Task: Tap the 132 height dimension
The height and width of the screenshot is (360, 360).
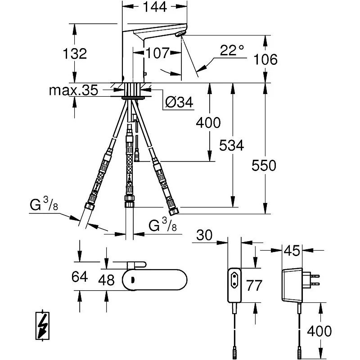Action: click(75, 54)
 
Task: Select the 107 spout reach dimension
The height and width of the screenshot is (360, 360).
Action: click(157, 53)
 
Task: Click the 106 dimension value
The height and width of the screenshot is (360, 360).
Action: click(265, 59)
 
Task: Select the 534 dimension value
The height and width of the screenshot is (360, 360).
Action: click(232, 145)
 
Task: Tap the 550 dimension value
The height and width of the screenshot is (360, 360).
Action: click(264, 166)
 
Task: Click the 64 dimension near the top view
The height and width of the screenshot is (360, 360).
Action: click(79, 276)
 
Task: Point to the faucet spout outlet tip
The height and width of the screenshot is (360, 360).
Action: click(181, 36)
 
